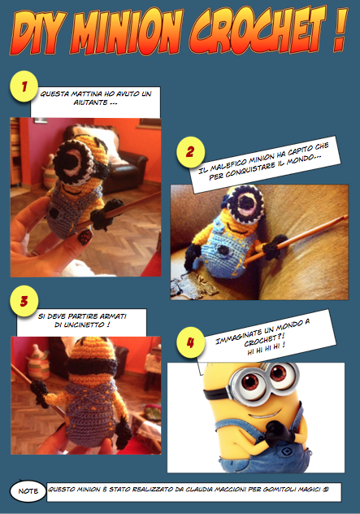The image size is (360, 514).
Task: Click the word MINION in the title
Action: point(133,33)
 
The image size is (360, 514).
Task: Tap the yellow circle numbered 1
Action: point(24,85)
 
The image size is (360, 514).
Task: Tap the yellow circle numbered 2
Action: point(190,151)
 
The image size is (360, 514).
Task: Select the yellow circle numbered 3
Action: point(24,300)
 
